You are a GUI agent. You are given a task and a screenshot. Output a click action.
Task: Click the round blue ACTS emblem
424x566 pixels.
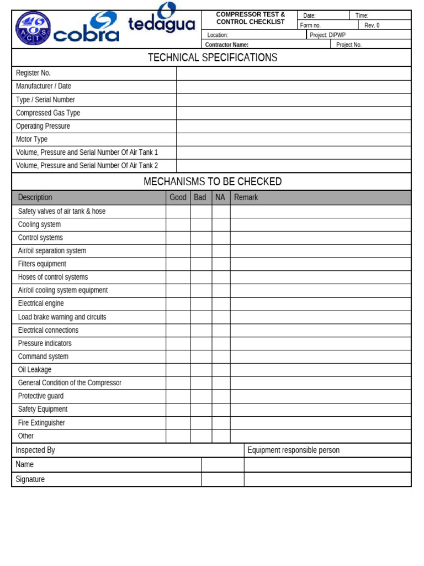point(33,28)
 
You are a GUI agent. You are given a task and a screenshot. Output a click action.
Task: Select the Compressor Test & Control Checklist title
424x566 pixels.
point(251,18)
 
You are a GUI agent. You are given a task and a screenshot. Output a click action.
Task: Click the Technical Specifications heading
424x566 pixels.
point(212,57)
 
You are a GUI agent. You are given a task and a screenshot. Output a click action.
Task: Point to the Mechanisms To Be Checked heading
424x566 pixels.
point(212,181)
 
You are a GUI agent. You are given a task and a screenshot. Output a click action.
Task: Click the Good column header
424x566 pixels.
point(178,197)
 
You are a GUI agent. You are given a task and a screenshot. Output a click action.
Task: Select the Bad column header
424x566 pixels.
point(200,197)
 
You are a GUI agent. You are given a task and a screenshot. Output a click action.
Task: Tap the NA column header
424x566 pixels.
point(220,197)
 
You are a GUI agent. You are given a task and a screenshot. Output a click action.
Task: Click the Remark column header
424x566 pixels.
point(246,197)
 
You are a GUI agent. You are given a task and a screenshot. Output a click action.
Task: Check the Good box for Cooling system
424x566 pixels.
point(178,224)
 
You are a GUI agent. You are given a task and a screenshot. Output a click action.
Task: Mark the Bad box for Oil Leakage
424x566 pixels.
point(201,370)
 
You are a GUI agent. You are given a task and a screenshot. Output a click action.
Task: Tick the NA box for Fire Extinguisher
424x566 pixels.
point(221,423)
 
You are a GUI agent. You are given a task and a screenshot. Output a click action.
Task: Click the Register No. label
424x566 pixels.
point(33,73)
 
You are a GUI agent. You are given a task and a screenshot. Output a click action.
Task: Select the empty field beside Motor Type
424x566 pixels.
point(294,139)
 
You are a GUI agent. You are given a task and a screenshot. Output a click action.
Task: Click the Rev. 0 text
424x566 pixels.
point(372,25)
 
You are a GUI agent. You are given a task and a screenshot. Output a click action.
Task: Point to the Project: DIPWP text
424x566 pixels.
point(327,35)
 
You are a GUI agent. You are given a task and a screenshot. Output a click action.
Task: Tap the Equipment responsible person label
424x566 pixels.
point(293,450)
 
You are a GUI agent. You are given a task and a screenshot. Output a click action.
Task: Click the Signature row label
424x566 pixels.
point(30,479)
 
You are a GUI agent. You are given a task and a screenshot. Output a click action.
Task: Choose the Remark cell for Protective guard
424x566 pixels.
point(320,396)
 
